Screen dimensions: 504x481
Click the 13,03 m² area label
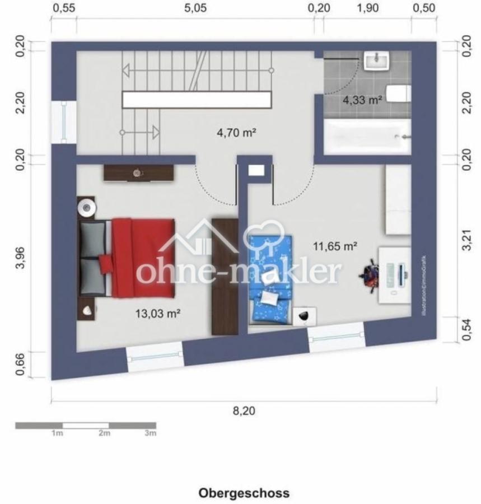pos(157,314)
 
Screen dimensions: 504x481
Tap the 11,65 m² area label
pos(335,245)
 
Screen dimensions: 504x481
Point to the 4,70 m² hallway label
pos(236,133)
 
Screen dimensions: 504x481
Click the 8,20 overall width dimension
pos(244,411)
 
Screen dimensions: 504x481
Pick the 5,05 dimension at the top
pos(195,8)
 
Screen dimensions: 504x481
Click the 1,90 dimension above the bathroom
pos(367,8)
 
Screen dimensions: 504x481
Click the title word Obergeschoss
pos(244,493)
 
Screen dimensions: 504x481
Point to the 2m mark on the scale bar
pos(104,433)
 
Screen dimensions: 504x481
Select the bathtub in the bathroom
pos(367,136)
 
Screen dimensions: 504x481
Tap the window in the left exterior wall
pos(64,122)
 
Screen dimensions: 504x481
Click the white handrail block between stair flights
pos(197,100)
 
